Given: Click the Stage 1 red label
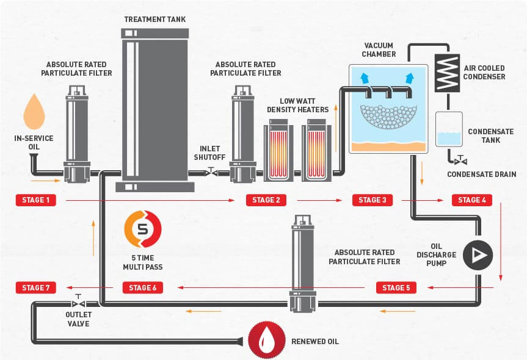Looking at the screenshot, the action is [x=35, y=200].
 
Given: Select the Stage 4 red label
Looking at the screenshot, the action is [x=472, y=200].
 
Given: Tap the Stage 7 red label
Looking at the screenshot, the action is [x=35, y=288].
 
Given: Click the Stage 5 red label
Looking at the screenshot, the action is [x=396, y=288].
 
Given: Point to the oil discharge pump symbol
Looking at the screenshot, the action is [x=478, y=255].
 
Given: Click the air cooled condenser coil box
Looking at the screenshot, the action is [x=447, y=73].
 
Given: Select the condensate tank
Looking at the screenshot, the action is [x=449, y=129].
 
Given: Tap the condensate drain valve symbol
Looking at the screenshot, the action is [x=460, y=161].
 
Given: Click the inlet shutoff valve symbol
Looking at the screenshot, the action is [x=211, y=172].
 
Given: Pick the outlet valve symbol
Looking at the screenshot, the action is [x=78, y=303].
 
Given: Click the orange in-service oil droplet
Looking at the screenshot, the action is [x=34, y=112].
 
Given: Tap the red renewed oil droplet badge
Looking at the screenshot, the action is [x=267, y=340].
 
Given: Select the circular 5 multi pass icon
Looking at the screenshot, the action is [x=143, y=229].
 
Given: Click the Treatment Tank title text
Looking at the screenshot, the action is [x=155, y=20].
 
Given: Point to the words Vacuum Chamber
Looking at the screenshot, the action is [x=379, y=49].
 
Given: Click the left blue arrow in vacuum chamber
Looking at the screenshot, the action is [x=365, y=78].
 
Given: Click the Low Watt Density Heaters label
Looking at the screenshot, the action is [x=298, y=106].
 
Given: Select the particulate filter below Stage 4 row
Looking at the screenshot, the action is [x=303, y=264].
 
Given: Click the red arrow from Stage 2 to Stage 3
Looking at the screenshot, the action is [x=319, y=201].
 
